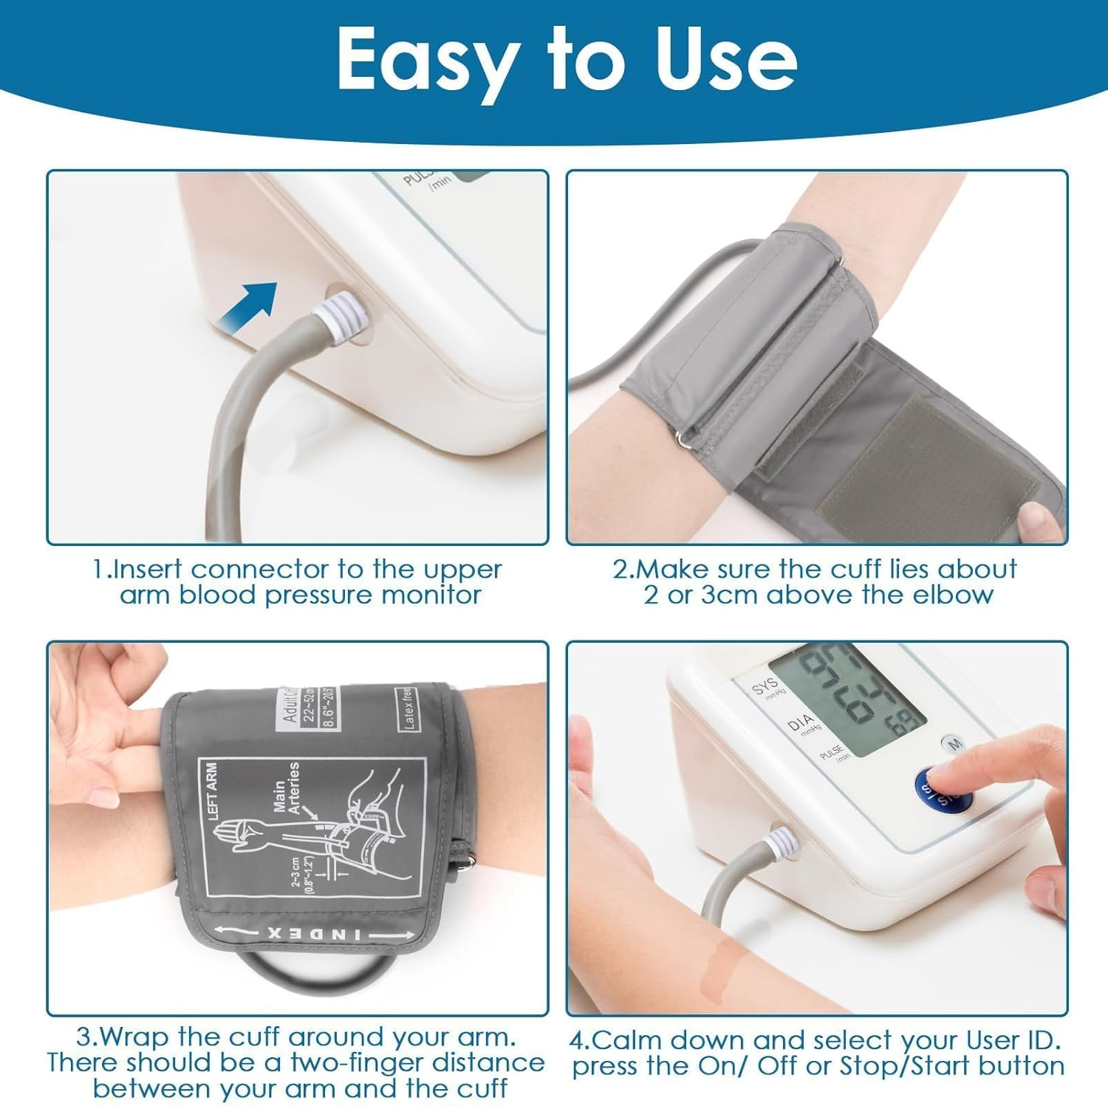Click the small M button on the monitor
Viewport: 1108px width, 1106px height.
click(954, 743)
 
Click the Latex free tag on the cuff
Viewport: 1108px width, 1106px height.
click(408, 709)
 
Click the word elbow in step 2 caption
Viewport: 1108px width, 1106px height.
click(957, 595)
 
